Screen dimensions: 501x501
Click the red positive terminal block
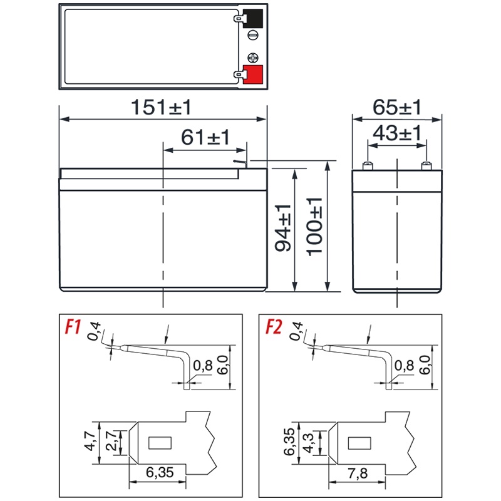253,75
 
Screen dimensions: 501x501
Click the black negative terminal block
253,19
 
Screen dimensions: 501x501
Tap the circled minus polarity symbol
253,35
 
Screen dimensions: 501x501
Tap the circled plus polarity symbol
253,58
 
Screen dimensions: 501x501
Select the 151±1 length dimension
161,107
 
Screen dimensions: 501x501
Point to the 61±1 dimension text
205,137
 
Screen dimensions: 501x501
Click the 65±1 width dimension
397,107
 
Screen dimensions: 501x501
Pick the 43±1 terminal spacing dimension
397,133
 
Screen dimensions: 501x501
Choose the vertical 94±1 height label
283,228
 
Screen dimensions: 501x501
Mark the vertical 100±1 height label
314,227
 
